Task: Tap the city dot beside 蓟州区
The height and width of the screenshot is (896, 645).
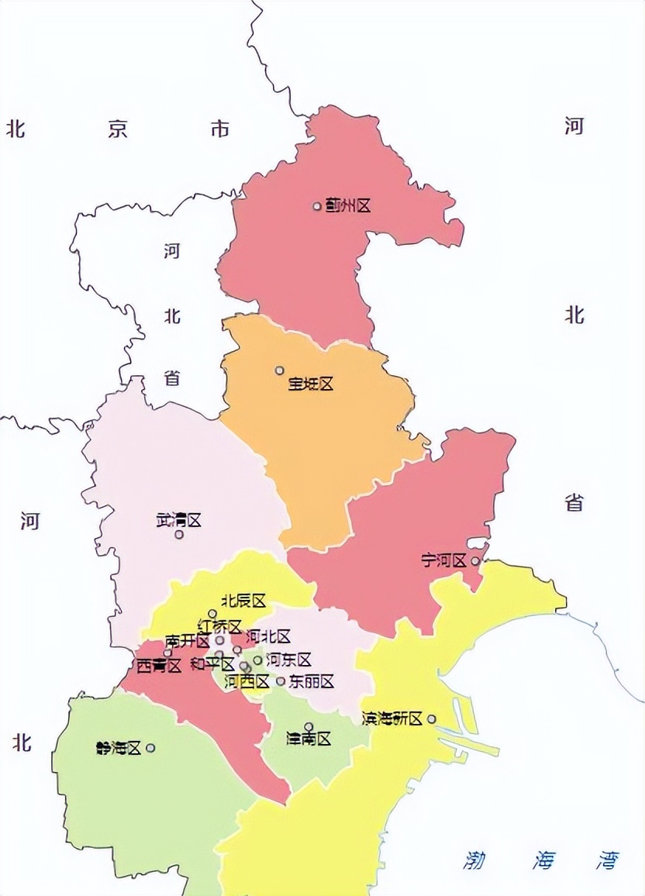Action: click(317, 206)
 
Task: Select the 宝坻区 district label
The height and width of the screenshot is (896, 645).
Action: click(310, 384)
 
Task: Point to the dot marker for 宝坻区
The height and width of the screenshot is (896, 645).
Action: click(280, 370)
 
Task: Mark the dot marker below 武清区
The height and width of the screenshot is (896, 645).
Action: click(179, 534)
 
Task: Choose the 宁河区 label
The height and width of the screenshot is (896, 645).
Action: click(444, 560)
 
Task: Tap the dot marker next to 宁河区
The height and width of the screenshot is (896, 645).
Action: click(474, 560)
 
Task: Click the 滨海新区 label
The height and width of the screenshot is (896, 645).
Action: click(391, 719)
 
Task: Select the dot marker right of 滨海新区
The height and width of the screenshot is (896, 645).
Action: click(431, 719)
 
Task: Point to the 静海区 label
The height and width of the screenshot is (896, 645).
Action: click(118, 748)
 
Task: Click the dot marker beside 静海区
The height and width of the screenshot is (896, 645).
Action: click(150, 748)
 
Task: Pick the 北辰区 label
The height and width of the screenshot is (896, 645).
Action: click(243, 601)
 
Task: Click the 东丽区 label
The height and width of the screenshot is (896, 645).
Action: click(311, 682)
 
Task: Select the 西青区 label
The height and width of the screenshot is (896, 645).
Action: click(158, 666)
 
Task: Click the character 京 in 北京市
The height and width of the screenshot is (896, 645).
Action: click(118, 129)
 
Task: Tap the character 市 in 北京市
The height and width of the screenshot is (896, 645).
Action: click(220, 129)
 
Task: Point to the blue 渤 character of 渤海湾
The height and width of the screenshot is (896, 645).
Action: click(474, 860)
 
